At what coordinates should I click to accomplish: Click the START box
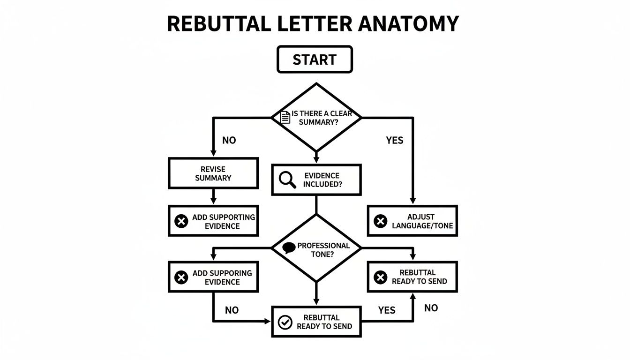tap(315, 60)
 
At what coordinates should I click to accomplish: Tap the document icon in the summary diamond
tap(285, 117)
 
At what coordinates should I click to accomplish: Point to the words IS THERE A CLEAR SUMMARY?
tap(322, 118)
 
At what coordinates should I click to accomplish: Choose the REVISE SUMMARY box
tap(213, 173)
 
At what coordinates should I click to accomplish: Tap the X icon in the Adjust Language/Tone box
tap(380, 221)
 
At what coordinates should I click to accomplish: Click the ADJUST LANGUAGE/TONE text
tap(420, 221)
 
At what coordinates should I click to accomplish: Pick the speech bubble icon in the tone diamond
tap(289, 248)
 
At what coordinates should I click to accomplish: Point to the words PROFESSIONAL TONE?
tap(323, 250)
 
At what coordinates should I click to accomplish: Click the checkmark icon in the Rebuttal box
tap(285, 322)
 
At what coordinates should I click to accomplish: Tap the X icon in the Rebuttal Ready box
tap(380, 277)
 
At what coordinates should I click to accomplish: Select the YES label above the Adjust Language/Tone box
tap(394, 140)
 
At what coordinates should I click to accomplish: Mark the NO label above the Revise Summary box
tap(229, 140)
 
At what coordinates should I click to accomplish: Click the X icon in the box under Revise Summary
tap(181, 221)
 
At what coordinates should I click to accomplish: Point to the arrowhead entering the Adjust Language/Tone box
tap(413, 200)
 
